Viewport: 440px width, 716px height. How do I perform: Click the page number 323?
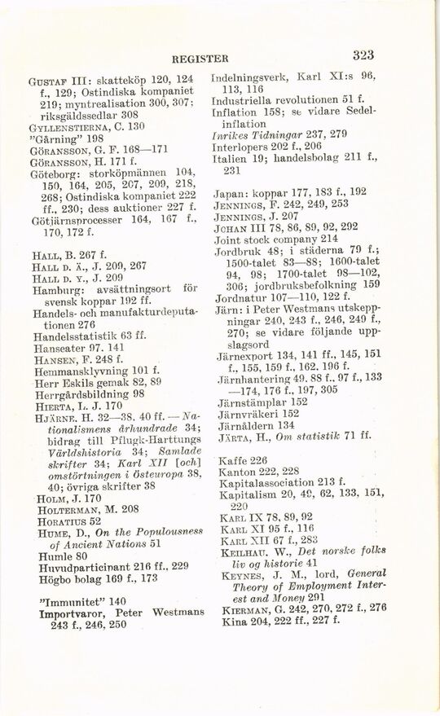point(363,55)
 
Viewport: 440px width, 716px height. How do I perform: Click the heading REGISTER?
point(200,59)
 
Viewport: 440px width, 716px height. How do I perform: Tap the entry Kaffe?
point(232,460)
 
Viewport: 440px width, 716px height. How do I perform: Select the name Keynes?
point(243,573)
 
